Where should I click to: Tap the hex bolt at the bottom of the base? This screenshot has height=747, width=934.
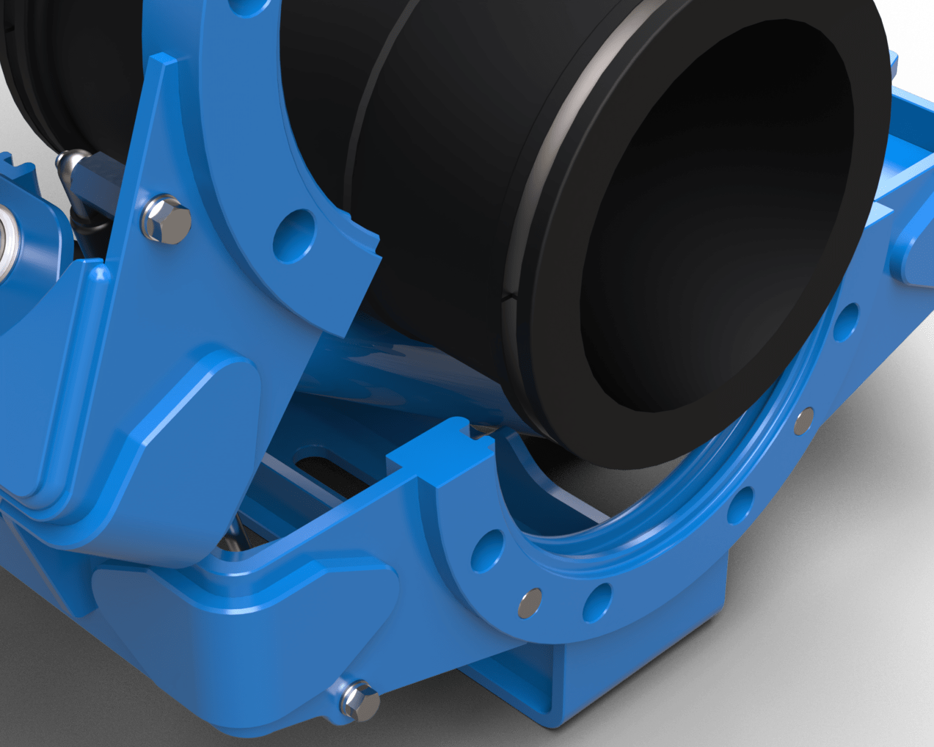360,700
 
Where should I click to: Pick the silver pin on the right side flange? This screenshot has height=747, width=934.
804,421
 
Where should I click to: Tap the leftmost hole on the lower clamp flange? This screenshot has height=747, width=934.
488,551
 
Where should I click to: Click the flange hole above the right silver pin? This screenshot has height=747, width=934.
846,321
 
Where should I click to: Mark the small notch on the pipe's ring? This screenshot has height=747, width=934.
508,297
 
